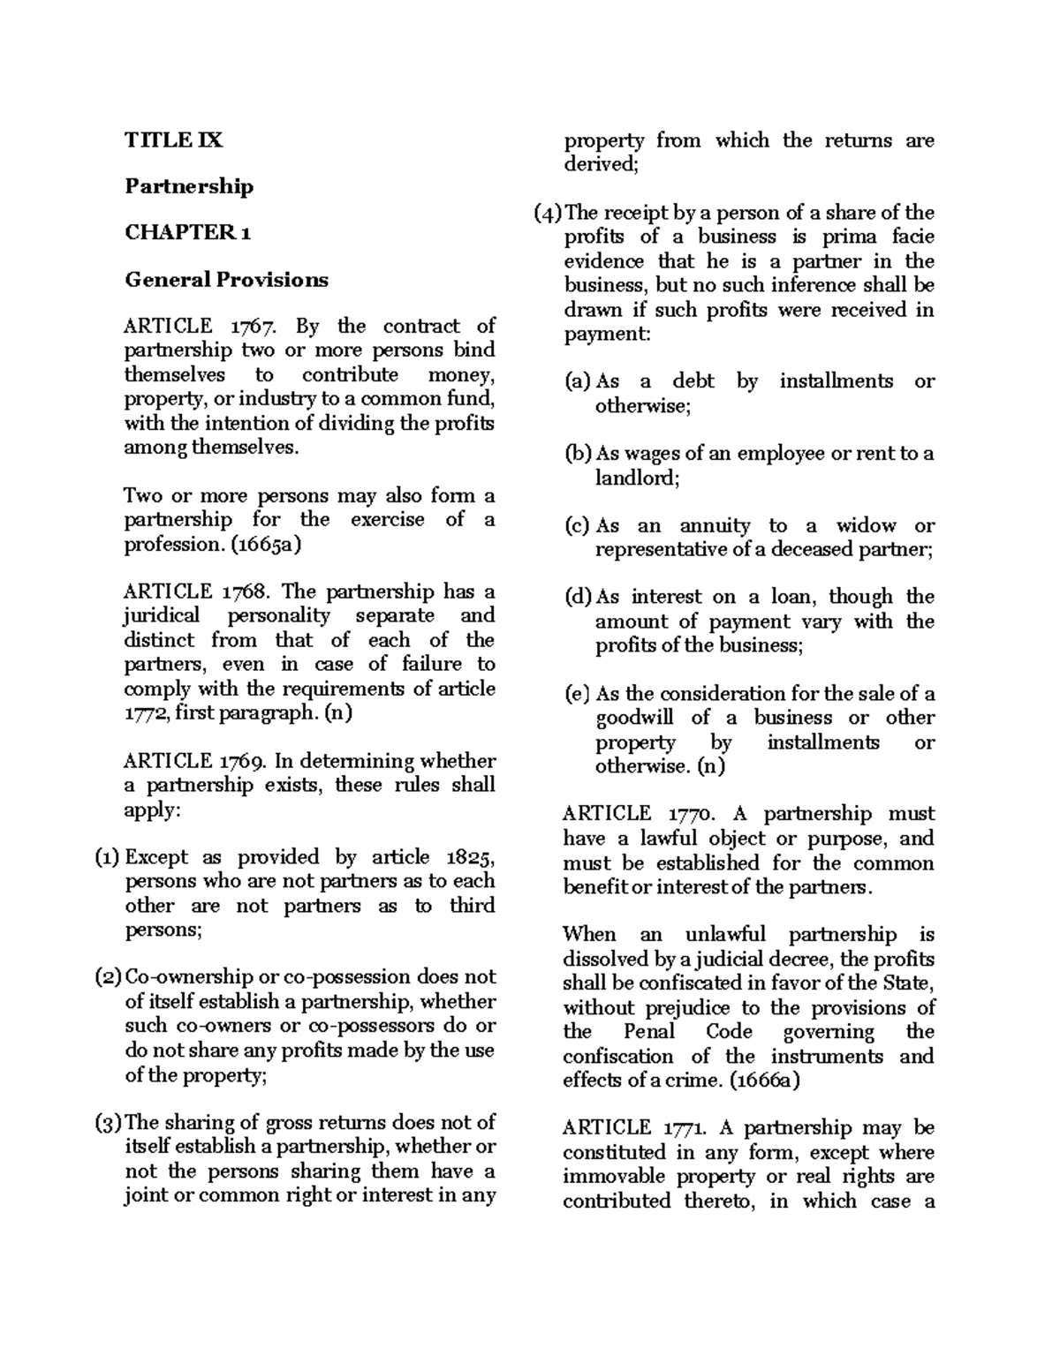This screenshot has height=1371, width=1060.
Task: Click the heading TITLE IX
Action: [174, 139]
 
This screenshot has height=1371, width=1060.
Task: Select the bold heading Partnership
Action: [189, 186]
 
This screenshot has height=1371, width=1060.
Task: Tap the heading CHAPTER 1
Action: [188, 233]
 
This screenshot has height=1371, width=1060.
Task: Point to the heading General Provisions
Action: [226, 280]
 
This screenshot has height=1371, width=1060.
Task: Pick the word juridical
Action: [162, 615]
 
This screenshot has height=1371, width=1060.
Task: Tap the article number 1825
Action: [470, 857]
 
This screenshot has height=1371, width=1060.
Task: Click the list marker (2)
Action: [108, 977]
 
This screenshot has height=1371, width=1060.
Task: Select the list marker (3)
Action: [108, 1123]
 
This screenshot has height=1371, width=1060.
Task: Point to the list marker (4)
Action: [548, 213]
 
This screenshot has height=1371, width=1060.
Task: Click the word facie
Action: [911, 237]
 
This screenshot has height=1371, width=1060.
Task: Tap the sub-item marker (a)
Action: [579, 382]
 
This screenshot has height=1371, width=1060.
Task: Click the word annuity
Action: [715, 526]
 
